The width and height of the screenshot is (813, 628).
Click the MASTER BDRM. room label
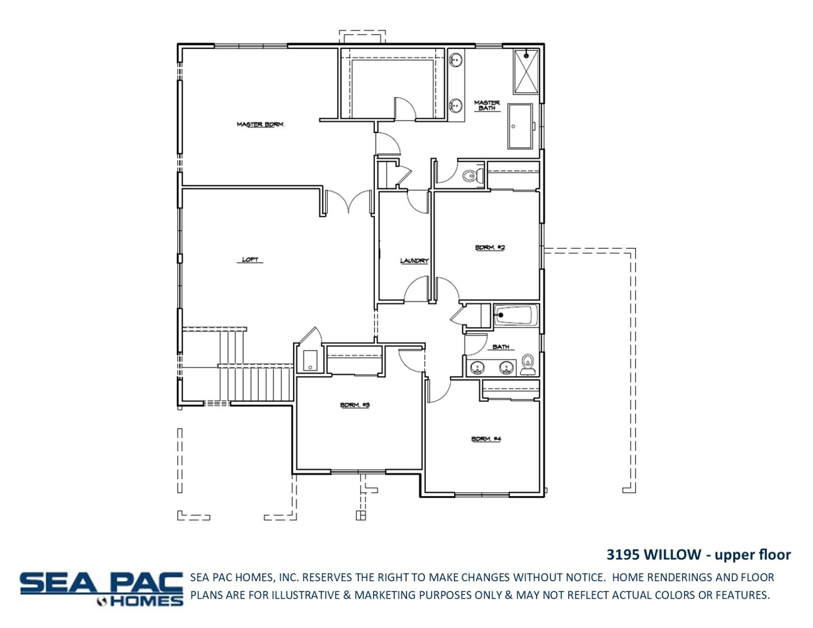pos(260,124)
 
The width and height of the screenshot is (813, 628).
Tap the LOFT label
pos(250,260)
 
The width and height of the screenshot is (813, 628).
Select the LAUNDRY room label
pos(414,260)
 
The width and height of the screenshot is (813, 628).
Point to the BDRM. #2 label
pos(490,247)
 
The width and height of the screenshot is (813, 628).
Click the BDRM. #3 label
pos(355,405)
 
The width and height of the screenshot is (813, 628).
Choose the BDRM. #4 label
pos(486,439)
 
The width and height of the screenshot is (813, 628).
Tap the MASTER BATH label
pos(487,105)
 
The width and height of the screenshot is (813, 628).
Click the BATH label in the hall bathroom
pos(501,347)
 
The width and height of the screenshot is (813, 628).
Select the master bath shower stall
pos(526,72)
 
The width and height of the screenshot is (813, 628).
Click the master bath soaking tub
pos(520,126)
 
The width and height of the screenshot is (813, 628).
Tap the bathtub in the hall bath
pos(516,315)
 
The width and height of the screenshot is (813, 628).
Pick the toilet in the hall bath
pos(528,365)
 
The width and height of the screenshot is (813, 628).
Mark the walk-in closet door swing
pos(405,109)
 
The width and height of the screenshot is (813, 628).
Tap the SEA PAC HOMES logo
pos(102,589)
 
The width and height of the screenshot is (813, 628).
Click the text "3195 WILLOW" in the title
pos(653,554)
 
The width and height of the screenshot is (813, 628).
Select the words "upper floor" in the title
pos(753,555)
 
